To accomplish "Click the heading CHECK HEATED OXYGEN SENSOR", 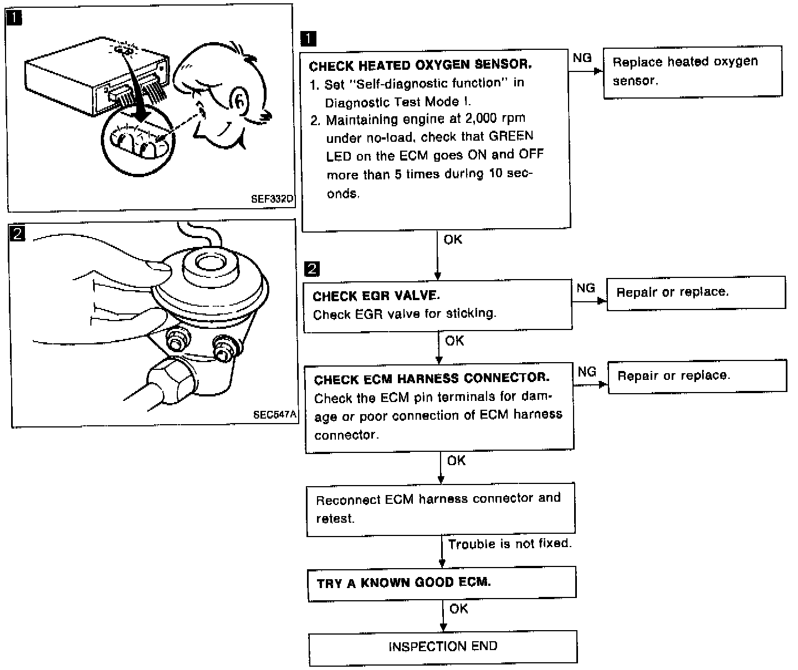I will [420, 65].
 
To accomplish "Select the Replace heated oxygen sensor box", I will [692, 71].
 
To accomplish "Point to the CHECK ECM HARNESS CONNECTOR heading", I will [432, 379].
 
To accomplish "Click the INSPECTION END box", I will [443, 647].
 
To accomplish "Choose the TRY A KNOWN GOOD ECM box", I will [442, 583].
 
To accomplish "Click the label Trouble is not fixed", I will [510, 544].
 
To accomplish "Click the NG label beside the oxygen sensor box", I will [582, 58].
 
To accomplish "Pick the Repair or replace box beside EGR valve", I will [696, 292].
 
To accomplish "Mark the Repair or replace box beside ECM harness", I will [697, 376].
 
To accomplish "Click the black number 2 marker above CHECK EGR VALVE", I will [313, 269].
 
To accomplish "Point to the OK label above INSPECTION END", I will [459, 609].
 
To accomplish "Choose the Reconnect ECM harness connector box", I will [441, 508].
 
